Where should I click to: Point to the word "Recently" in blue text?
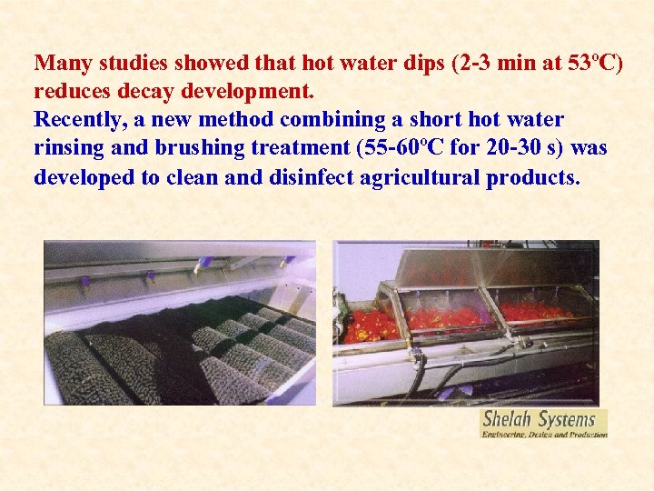click(74, 120)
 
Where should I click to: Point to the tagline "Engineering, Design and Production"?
click(543, 435)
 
